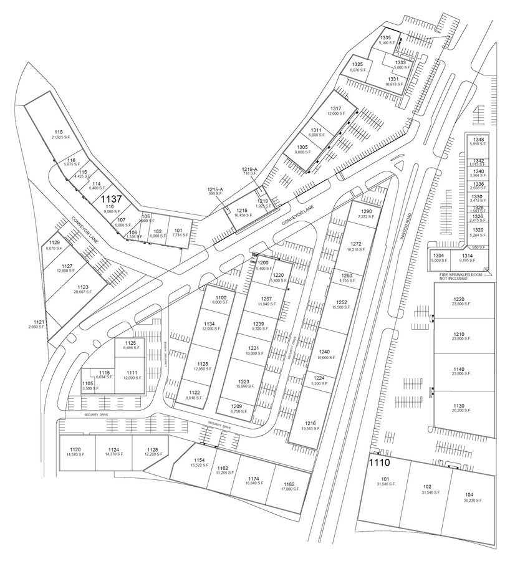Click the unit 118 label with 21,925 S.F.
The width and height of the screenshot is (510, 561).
pos(59,134)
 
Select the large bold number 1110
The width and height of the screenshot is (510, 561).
pos(378,463)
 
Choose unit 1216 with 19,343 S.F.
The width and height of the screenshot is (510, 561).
pos(310,426)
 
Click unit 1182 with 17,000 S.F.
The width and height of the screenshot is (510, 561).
pos(288,486)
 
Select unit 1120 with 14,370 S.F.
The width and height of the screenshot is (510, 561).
pos(75,451)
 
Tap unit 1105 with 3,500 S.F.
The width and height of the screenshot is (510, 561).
pos(88,386)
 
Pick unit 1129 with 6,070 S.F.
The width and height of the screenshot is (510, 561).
pos(54,245)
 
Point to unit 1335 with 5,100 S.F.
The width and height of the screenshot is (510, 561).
pos(385,41)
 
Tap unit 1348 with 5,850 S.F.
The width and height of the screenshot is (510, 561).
pos(478,141)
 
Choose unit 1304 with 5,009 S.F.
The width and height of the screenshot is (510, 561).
pos(439,259)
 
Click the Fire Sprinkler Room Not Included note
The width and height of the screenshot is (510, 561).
pos(461,277)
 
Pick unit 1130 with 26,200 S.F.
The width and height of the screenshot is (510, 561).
pos(459,405)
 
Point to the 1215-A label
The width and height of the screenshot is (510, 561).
pos(216,191)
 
